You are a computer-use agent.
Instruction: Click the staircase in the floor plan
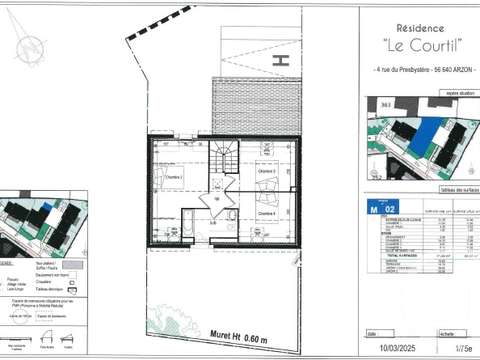(221, 158)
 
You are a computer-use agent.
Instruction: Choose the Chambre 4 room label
(266, 213)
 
